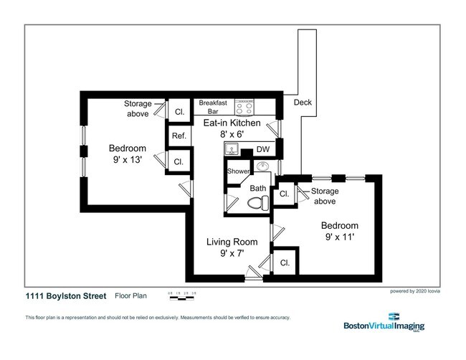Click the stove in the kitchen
pyautogui.click(x=244, y=107)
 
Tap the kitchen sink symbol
pyautogui.click(x=231, y=149)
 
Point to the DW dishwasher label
pyautogui.click(x=262, y=149)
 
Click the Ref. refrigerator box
pyautogui.click(x=179, y=136)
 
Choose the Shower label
pyautogui.click(x=238, y=172)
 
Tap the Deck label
pyautogui.click(x=303, y=103)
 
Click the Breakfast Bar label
pyautogui.click(x=213, y=107)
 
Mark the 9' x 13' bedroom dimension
pyautogui.click(x=127, y=160)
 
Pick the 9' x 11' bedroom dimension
pyautogui.click(x=340, y=235)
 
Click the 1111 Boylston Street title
pyautogui.click(x=65, y=296)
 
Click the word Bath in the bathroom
pyautogui.click(x=257, y=189)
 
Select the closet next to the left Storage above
pyautogui.click(x=179, y=112)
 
